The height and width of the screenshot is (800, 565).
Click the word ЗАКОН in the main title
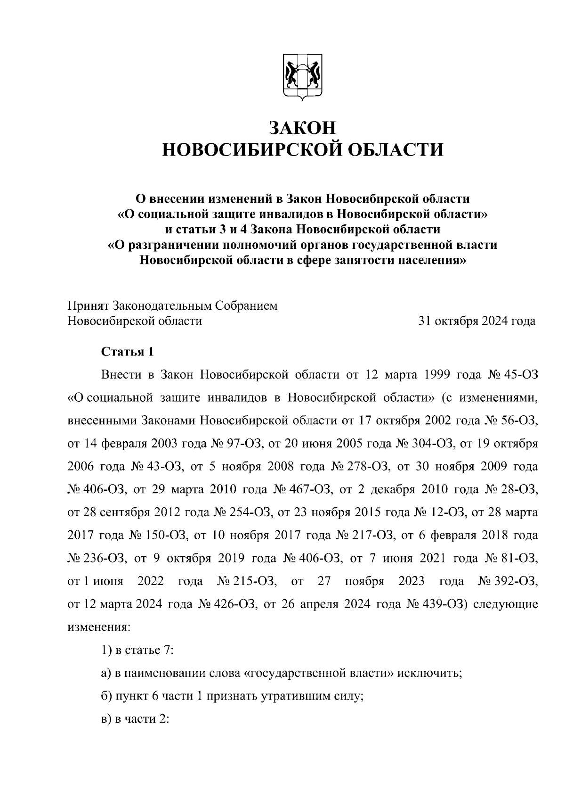tap(303, 127)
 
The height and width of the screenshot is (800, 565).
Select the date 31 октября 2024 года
tap(477, 321)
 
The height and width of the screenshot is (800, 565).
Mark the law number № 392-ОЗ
tap(508, 581)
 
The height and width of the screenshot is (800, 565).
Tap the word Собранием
tap(246, 305)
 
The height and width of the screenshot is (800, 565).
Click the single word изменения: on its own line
tap(98, 627)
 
